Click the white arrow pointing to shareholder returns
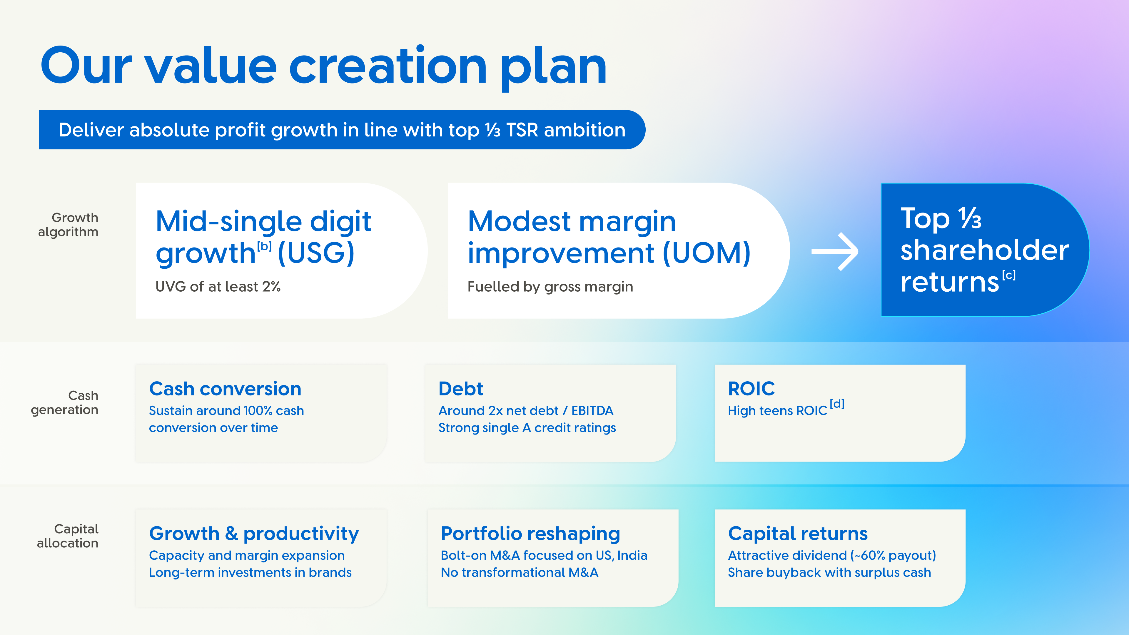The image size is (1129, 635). [x=835, y=252]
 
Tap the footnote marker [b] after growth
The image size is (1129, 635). [x=264, y=246]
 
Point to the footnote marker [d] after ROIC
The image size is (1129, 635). [x=837, y=404]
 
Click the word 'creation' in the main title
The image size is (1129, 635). [x=388, y=67]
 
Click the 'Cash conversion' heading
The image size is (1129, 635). [x=225, y=389]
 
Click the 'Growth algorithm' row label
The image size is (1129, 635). [x=69, y=224]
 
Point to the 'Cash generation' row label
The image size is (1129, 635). [x=65, y=402]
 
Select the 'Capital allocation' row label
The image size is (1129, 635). [x=68, y=536]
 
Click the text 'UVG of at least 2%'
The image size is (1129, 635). [x=218, y=287]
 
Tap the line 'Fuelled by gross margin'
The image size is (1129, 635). [x=550, y=287]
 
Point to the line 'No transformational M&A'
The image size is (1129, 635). [x=519, y=572]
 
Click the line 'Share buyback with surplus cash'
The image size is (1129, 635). [x=829, y=572]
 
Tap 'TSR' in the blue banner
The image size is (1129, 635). [x=522, y=130]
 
